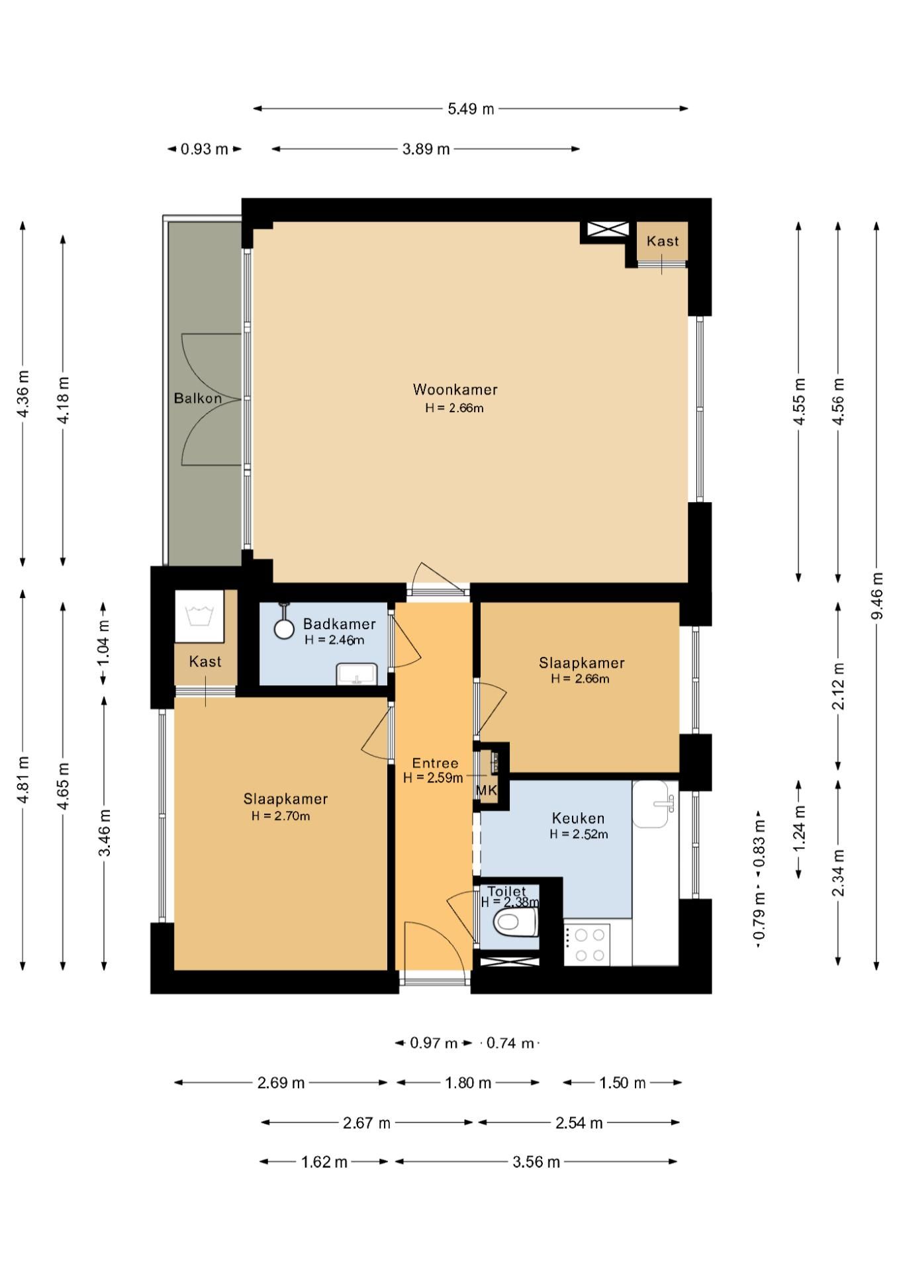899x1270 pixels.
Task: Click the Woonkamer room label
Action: coord(455,390)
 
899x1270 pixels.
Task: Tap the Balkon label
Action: coord(198,398)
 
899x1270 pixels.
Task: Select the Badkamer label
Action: coord(339,624)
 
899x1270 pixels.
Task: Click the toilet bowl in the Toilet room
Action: coord(516,921)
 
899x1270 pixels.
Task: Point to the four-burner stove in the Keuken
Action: coord(587,944)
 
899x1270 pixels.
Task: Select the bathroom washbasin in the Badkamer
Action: coord(357,675)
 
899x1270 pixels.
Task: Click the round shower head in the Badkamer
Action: coord(284,629)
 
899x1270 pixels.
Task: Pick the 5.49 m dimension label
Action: coord(471,109)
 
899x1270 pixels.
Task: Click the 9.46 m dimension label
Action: coord(877,596)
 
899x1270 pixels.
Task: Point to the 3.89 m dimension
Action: coord(426,149)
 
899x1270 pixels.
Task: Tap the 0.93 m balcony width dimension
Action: coord(205,149)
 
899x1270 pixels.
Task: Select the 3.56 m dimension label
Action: coord(536,1162)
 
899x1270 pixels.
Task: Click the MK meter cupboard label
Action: coord(486,790)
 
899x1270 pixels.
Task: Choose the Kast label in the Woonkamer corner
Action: coord(663,241)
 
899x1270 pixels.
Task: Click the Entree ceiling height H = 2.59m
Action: coord(433,778)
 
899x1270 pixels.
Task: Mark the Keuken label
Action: coord(578,819)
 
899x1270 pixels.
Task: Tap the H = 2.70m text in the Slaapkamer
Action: coord(281,816)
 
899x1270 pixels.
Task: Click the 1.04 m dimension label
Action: coord(104,643)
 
